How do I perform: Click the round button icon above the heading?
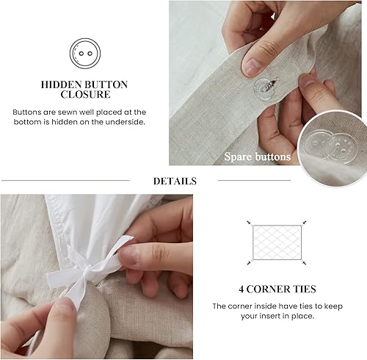84,54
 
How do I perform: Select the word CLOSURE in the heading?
84,96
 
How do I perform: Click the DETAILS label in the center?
175,181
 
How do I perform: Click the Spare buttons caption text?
258,156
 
